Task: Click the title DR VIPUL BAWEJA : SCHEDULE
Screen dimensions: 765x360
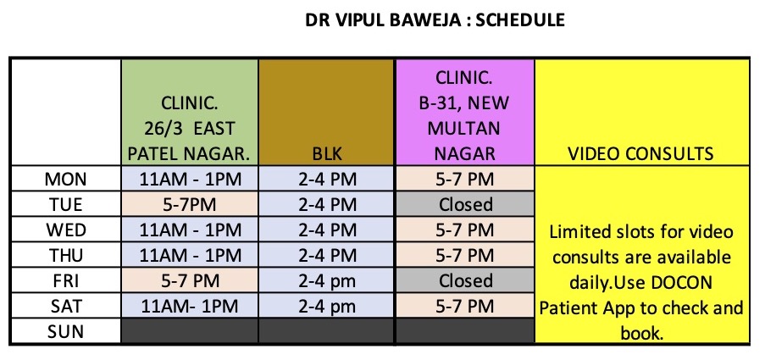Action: (x=435, y=20)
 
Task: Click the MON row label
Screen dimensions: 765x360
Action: (x=65, y=179)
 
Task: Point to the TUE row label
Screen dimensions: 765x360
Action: (x=65, y=204)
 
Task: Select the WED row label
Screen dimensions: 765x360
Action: (x=65, y=230)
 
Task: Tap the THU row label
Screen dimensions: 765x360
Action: (x=65, y=255)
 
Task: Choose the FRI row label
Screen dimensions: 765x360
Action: (x=65, y=281)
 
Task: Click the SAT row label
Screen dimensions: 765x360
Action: (x=65, y=307)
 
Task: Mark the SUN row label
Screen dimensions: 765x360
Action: (x=65, y=332)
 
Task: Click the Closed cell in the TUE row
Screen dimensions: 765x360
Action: (x=465, y=204)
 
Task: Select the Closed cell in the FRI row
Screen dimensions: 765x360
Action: (x=465, y=281)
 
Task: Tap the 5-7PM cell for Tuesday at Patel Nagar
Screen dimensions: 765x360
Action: (x=189, y=204)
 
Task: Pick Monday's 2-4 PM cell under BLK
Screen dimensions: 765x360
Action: (x=327, y=179)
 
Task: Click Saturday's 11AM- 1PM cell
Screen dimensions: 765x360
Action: (x=190, y=307)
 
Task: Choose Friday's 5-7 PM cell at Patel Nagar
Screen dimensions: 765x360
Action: (x=190, y=281)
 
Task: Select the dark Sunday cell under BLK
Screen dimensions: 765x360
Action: (x=326, y=331)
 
